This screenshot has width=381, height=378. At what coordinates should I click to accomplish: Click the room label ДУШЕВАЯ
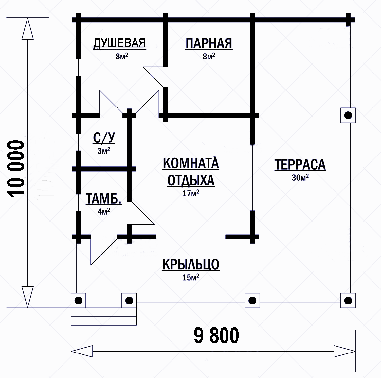click(x=119, y=43)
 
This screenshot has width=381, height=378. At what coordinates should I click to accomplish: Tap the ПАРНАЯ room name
click(x=209, y=44)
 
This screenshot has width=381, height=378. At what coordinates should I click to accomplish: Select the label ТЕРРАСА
click(x=300, y=165)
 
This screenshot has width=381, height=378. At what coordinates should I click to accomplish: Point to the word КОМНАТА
click(x=191, y=163)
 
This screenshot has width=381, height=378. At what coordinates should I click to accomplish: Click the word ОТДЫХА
click(x=191, y=180)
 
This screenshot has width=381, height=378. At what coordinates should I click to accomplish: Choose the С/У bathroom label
click(x=104, y=138)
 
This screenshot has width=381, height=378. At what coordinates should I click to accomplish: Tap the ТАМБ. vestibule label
click(x=103, y=199)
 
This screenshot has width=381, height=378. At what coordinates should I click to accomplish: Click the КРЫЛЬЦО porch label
click(x=191, y=264)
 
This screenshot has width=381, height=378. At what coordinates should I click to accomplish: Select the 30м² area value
click(x=300, y=177)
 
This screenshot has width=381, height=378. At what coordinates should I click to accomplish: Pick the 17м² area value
click(x=191, y=193)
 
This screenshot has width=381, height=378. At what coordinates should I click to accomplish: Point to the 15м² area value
click(x=191, y=277)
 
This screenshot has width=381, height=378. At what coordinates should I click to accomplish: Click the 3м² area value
click(x=104, y=151)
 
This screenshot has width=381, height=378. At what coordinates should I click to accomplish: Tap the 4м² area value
click(x=104, y=211)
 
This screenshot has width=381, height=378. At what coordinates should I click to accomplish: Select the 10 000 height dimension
click(x=16, y=169)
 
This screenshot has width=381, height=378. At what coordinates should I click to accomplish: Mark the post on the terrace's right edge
click(x=348, y=115)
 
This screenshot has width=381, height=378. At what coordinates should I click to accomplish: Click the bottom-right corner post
click(x=348, y=301)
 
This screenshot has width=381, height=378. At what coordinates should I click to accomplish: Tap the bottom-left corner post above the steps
click(x=78, y=301)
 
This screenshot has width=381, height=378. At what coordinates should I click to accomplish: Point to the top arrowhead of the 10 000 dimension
click(x=27, y=28)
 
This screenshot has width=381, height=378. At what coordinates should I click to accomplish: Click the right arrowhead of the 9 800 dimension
click(x=345, y=351)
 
